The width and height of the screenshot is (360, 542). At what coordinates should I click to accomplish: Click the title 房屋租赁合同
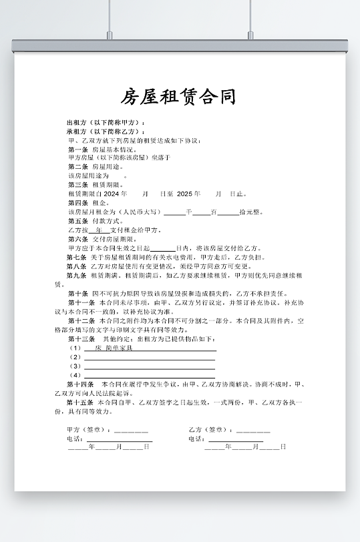[178, 97]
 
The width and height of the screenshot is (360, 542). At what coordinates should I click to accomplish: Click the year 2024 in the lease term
[115, 194]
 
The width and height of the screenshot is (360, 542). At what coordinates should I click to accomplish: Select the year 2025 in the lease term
[188, 194]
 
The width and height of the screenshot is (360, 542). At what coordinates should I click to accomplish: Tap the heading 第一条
[78, 150]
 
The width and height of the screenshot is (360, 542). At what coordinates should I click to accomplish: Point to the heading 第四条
[78, 202]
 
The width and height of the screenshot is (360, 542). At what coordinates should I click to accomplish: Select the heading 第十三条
[79, 339]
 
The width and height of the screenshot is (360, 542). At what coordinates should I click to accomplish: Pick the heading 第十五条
[79, 402]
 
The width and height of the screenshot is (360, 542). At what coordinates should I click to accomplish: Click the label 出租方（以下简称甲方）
[106, 123]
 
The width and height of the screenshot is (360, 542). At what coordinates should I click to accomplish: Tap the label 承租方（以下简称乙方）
[106, 131]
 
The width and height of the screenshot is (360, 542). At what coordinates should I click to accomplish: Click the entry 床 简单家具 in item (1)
[114, 348]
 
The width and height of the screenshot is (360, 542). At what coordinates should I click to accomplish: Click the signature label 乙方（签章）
[211, 429]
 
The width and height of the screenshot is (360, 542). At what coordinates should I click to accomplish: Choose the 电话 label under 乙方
[196, 439]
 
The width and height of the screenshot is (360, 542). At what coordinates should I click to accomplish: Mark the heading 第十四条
[79, 384]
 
